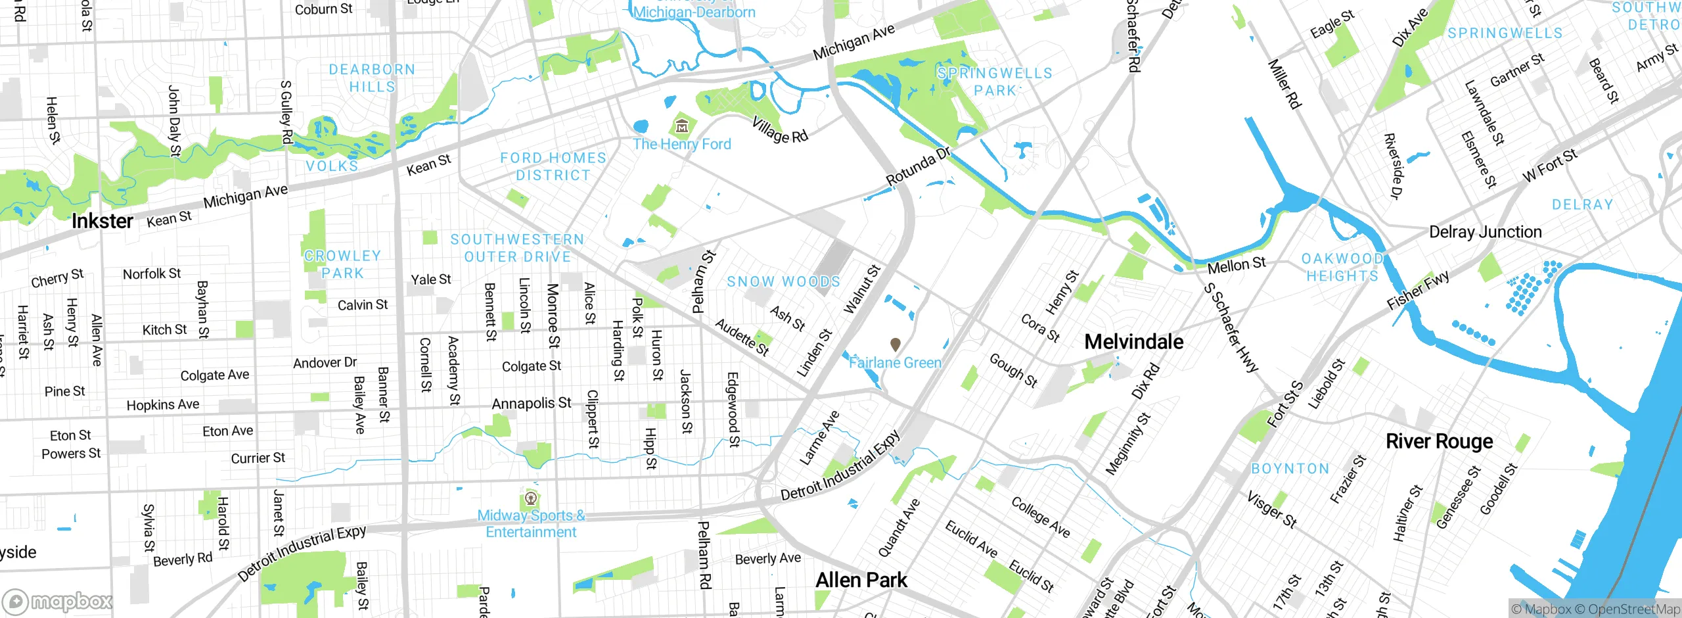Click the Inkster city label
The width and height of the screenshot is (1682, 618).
click(102, 222)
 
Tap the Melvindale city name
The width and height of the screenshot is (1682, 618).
click(1133, 342)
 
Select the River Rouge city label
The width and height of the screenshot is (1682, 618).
click(1439, 441)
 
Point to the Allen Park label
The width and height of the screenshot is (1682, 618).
click(861, 580)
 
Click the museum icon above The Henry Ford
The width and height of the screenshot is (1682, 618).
click(682, 125)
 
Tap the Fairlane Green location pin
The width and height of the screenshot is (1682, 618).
click(895, 344)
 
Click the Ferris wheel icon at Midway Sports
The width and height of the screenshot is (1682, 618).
click(531, 498)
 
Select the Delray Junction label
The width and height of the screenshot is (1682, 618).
click(1485, 232)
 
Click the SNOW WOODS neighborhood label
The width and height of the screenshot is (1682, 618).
click(783, 282)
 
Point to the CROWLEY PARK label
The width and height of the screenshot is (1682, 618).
click(342, 264)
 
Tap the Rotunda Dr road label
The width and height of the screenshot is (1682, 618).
click(919, 166)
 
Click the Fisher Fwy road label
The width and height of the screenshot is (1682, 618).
click(1418, 290)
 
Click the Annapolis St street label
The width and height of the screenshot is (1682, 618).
click(532, 403)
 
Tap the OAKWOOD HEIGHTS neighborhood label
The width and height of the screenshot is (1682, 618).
click(1342, 267)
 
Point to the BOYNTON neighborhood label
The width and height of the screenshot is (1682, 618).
click(1290, 469)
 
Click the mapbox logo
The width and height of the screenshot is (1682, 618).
click(58, 601)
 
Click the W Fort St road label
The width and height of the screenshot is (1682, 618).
click(1549, 166)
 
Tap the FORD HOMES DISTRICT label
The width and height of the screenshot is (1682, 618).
click(553, 166)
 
